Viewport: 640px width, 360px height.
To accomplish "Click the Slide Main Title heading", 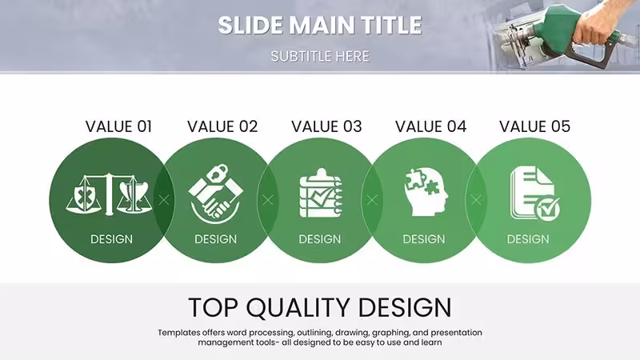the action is tap(320, 25).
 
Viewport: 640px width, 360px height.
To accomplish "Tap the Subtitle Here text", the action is tap(320, 56).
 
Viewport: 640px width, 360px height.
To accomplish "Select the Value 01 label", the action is tap(118, 126).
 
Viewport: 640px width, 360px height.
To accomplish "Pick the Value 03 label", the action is tap(326, 126).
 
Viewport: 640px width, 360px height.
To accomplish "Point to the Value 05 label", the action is tap(534, 126).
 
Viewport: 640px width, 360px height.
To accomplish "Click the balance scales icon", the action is tap(109, 194).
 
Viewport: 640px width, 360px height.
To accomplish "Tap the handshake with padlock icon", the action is tap(215, 194).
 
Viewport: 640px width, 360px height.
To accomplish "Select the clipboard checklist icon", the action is tap(321, 193).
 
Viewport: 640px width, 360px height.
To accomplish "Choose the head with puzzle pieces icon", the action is tap(426, 192).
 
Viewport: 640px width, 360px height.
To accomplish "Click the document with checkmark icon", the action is tap(534, 194).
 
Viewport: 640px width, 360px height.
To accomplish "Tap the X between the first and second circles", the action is tap(164, 199).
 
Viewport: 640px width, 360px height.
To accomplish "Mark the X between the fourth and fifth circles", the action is tap(476, 199).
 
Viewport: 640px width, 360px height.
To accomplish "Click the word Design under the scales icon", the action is tap(111, 239).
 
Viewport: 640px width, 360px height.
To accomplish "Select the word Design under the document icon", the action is tap(528, 239).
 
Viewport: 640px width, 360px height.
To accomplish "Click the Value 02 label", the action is tap(222, 126).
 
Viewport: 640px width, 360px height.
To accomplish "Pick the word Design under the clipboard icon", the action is tap(319, 239).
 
